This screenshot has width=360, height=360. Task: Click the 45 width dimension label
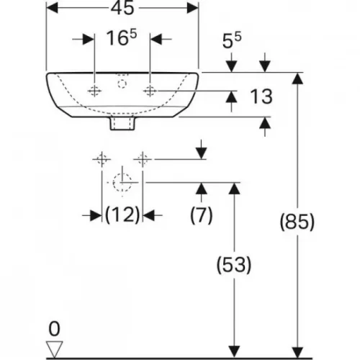tap(122, 8)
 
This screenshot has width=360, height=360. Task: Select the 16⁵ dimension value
tap(122, 37)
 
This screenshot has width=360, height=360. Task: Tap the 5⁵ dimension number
tap(232, 40)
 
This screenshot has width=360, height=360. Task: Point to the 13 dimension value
tap(261, 96)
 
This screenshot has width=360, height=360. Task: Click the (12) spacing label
tap(122, 215)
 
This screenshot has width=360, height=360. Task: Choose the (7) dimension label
tap(202, 215)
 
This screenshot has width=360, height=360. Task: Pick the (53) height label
tap(234, 265)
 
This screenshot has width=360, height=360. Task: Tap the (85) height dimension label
tap(297, 222)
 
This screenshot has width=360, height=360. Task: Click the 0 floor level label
tap(54, 329)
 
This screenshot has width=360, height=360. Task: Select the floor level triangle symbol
tap(55, 349)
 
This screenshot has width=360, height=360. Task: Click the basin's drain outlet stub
tap(122, 123)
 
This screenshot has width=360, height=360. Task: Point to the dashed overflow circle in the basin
tap(122, 84)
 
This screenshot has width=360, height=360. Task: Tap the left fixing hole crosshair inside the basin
tap(94, 91)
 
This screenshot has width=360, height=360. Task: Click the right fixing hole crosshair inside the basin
tap(150, 91)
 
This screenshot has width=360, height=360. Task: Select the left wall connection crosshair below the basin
tap(102, 159)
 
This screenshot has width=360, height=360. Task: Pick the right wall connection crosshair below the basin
tap(143, 159)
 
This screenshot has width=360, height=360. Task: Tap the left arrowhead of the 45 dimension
tap(52, 8)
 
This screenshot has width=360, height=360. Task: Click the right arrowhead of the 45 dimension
tap(193, 8)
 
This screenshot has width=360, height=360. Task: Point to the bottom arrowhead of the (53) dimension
tap(234, 352)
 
